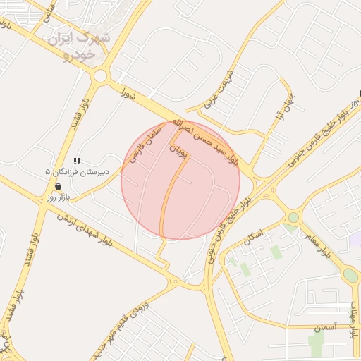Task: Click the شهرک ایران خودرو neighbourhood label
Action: [x=79, y=44]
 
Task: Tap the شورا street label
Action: [x=127, y=92]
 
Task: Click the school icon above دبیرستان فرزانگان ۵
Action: [x=76, y=161]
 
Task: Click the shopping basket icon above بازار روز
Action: [x=57, y=186]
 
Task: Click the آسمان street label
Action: [x=324, y=326]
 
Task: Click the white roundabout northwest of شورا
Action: [x=100, y=75]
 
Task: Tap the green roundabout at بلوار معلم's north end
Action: [x=293, y=218]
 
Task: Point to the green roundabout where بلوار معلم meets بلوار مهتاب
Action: [x=350, y=275]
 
